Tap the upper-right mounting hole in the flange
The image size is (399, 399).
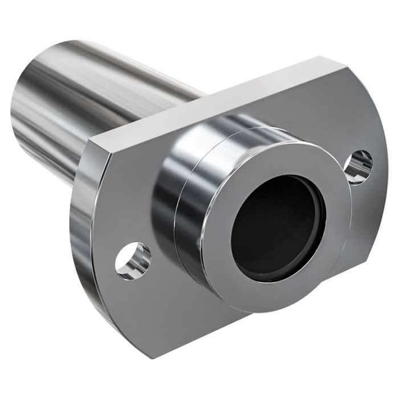(x=361, y=164)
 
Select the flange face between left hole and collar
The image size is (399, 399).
(x=151, y=228)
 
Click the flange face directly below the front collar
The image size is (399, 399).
(x=228, y=319)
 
